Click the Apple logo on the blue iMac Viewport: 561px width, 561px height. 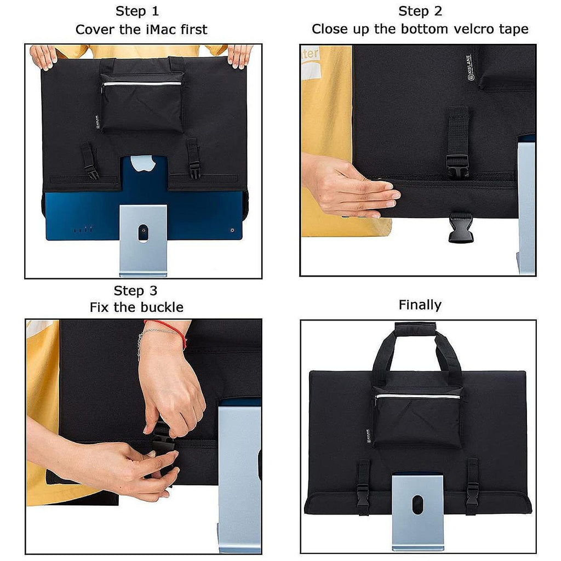click(x=143, y=163)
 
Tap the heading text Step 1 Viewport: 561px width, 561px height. click(x=137, y=12)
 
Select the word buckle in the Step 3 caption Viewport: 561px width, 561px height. click(x=162, y=307)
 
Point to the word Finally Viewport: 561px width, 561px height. click(x=420, y=305)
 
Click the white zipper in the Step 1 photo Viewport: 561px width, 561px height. click(x=142, y=84)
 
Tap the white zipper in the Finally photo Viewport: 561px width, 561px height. click(x=417, y=397)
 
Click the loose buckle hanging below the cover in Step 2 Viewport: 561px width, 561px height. click(x=460, y=227)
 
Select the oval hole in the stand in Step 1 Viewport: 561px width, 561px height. click(x=143, y=233)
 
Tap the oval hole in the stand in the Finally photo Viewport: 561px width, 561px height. click(x=417, y=505)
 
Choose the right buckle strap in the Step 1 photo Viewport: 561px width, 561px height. click(x=193, y=158)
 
